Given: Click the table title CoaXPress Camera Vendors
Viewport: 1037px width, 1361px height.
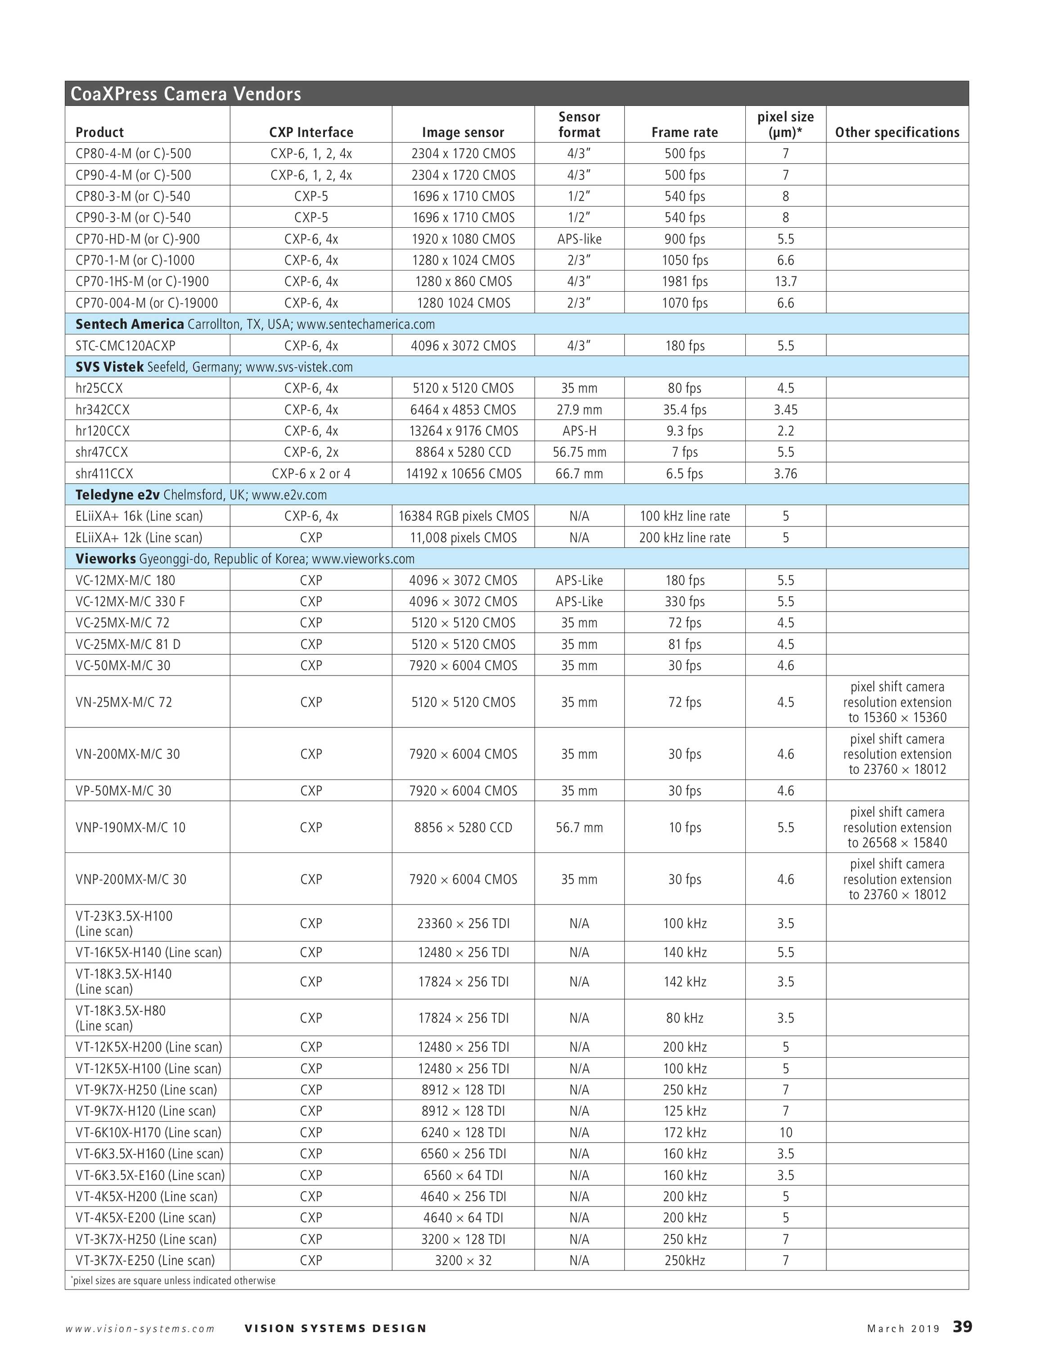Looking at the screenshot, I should (x=186, y=94).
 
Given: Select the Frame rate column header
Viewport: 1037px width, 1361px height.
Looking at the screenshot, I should (x=685, y=132).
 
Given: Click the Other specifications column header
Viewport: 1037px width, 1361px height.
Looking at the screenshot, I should (x=897, y=132).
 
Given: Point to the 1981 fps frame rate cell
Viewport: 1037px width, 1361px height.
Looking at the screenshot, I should (x=685, y=281).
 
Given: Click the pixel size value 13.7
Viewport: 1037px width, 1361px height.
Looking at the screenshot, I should (x=785, y=281).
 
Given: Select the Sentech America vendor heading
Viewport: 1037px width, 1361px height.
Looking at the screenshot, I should (x=130, y=324).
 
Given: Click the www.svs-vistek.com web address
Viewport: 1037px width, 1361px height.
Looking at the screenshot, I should (x=299, y=367).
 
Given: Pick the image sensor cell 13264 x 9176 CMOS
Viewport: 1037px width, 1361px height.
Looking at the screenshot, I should (x=463, y=431).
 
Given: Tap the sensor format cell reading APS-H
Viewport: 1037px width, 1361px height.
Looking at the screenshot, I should (x=579, y=431).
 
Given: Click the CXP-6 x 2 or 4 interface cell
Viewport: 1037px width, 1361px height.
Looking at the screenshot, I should (x=311, y=473).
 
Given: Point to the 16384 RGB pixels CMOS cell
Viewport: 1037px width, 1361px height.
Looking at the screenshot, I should (x=463, y=516).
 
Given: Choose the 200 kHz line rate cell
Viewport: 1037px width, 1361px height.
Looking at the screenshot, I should (x=685, y=538).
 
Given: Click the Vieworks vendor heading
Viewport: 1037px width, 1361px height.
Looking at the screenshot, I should (x=106, y=559).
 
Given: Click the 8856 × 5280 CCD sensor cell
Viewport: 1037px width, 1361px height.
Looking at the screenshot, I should (x=463, y=827).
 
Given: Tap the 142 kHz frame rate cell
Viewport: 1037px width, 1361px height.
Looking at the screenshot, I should (x=685, y=982).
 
